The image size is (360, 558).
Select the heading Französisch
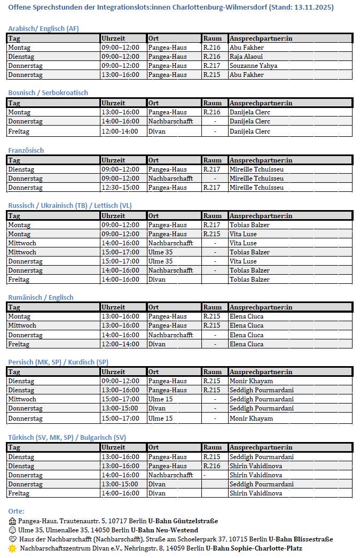click(x=26, y=151)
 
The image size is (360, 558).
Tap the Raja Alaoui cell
click(x=246, y=57)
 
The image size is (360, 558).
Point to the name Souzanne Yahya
click(x=253, y=66)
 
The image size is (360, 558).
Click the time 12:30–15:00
click(x=120, y=188)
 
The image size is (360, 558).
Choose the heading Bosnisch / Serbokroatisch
click(x=48, y=93)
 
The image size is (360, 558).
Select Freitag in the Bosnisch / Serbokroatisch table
click(x=19, y=131)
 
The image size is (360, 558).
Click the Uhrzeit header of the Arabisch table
click(x=113, y=38)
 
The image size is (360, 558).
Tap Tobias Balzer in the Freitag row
click(x=249, y=280)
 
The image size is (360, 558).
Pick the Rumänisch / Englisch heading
click(x=41, y=298)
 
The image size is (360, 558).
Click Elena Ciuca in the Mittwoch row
click(x=246, y=325)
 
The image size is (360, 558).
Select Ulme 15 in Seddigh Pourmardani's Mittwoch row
click(x=160, y=399)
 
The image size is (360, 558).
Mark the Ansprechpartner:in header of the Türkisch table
click(x=261, y=447)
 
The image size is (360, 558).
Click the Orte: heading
click(x=16, y=511)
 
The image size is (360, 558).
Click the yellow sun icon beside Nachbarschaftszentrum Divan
click(x=12, y=548)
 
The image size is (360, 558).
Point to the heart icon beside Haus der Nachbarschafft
click(x=12, y=539)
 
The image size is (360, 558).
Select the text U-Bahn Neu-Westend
click(x=165, y=530)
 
